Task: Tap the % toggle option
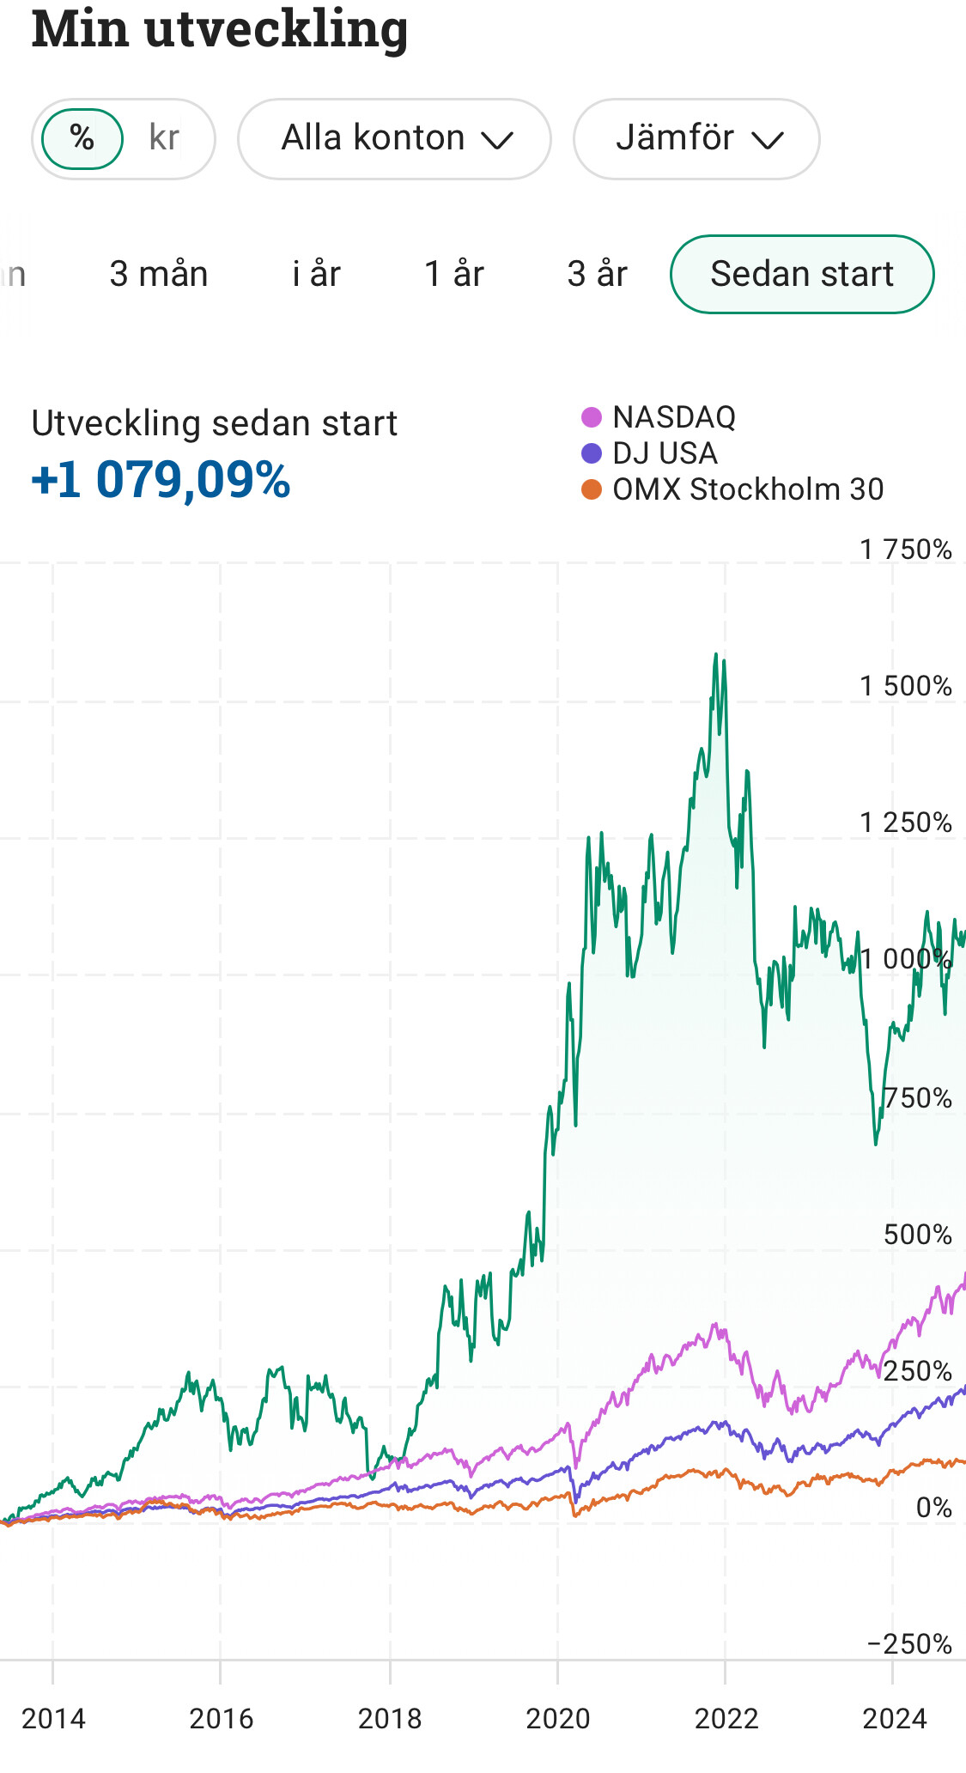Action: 82,138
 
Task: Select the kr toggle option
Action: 164,138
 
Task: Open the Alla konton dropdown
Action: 394,139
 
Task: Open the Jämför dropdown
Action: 696,139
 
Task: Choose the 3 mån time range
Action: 159,274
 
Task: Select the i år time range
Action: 316,274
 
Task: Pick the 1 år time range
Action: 454,274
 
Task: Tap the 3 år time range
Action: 598,274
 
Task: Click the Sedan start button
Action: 802,274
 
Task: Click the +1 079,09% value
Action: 161,479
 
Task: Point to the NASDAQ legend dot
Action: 592,417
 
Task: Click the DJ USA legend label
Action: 665,453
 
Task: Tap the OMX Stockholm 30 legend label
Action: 748,489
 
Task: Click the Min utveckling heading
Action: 220,29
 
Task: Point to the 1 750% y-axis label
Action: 906,550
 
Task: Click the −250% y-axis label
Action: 909,1644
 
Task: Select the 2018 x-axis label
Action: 390,1719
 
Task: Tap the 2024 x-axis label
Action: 895,1719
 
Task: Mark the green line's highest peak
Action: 716,654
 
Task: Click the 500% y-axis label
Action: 918,1235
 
